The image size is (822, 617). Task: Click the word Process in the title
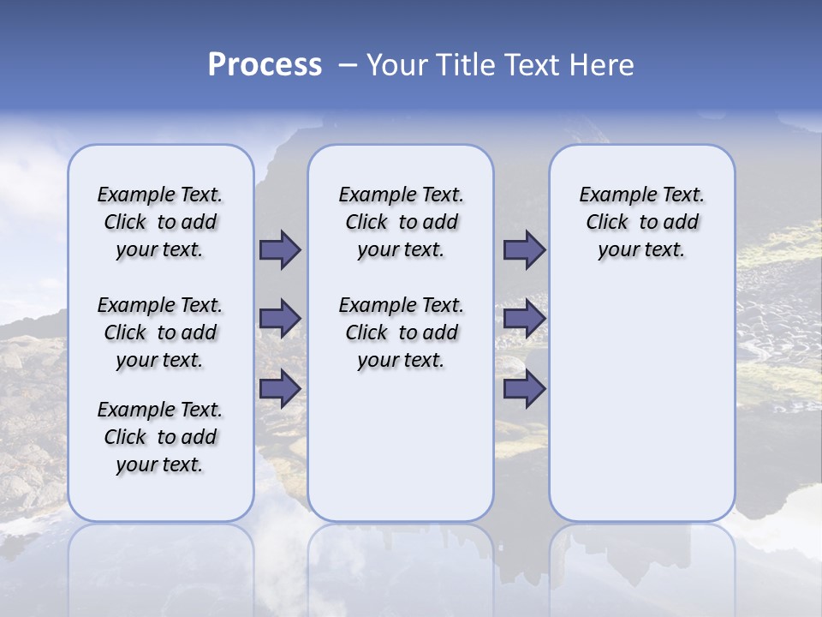click(x=265, y=65)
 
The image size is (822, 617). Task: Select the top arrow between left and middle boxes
click(x=280, y=249)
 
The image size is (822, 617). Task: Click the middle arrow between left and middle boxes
click(x=280, y=319)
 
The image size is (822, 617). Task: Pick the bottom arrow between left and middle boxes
click(x=280, y=389)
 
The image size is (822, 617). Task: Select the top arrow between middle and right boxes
click(x=524, y=249)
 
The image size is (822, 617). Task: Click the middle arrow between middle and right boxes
click(x=524, y=319)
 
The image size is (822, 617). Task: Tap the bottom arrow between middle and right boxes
click(x=524, y=389)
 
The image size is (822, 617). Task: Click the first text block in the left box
click(x=160, y=222)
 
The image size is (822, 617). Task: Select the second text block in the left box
click(x=160, y=332)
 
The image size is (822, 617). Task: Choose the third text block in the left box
click(x=160, y=437)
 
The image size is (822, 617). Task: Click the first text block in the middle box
click(x=401, y=222)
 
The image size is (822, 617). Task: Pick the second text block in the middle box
click(x=401, y=332)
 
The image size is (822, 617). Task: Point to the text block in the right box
click(x=641, y=222)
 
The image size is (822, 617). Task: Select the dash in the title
click(x=348, y=65)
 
